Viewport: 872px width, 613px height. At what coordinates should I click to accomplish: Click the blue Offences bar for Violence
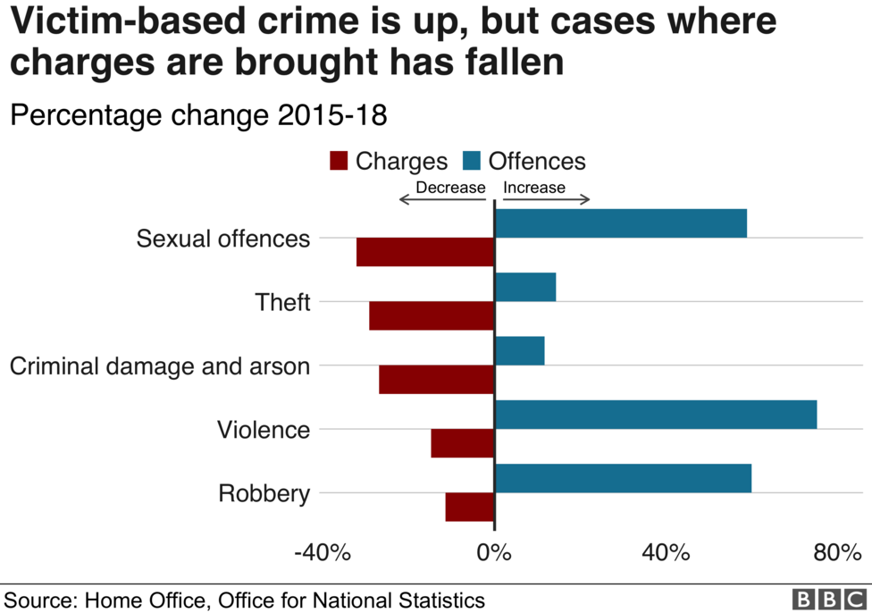coord(656,415)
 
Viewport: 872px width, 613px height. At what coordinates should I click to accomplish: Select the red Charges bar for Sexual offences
coord(425,252)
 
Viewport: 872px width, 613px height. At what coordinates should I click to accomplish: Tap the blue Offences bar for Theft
coord(525,287)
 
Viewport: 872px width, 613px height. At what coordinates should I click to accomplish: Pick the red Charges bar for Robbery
coord(470,507)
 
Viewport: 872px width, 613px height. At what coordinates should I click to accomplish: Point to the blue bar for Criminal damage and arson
coord(520,351)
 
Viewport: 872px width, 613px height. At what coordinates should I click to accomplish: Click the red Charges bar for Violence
coord(463,443)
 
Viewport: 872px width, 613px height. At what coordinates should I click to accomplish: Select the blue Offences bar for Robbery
coord(623,478)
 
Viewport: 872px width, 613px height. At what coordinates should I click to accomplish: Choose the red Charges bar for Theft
coord(432,315)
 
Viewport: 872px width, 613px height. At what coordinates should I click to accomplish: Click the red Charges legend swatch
coord(339,162)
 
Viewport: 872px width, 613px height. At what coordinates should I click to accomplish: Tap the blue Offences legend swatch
coord(472,162)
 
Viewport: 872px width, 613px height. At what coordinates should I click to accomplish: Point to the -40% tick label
coord(322,553)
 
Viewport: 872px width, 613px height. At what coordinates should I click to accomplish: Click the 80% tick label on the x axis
coord(836,553)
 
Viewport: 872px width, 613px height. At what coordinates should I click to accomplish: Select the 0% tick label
coord(493,553)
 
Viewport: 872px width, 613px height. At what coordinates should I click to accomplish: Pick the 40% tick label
coord(666,553)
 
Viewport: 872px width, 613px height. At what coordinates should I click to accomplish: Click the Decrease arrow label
coord(450,188)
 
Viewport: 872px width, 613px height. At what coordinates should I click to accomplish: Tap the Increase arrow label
coord(534,188)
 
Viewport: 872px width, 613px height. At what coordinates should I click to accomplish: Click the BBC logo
coord(818,600)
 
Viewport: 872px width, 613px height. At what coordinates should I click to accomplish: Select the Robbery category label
coord(264,493)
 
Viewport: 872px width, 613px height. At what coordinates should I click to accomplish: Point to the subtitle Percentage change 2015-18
coord(197,116)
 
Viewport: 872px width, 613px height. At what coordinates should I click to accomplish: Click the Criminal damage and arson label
coord(160,366)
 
